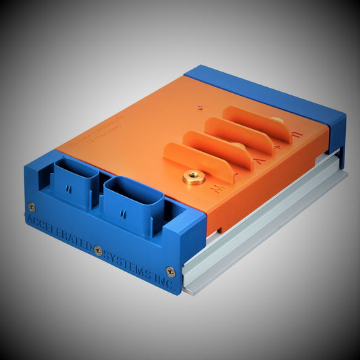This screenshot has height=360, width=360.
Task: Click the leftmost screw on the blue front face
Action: tap(31, 207)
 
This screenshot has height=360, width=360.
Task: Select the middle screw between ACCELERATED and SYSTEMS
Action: tap(98, 250)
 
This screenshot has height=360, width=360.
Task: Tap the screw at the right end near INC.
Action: tap(170, 271)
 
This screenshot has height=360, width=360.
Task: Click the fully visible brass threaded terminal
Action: tap(193, 178)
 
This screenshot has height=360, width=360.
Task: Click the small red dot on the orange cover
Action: tap(199, 105)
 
